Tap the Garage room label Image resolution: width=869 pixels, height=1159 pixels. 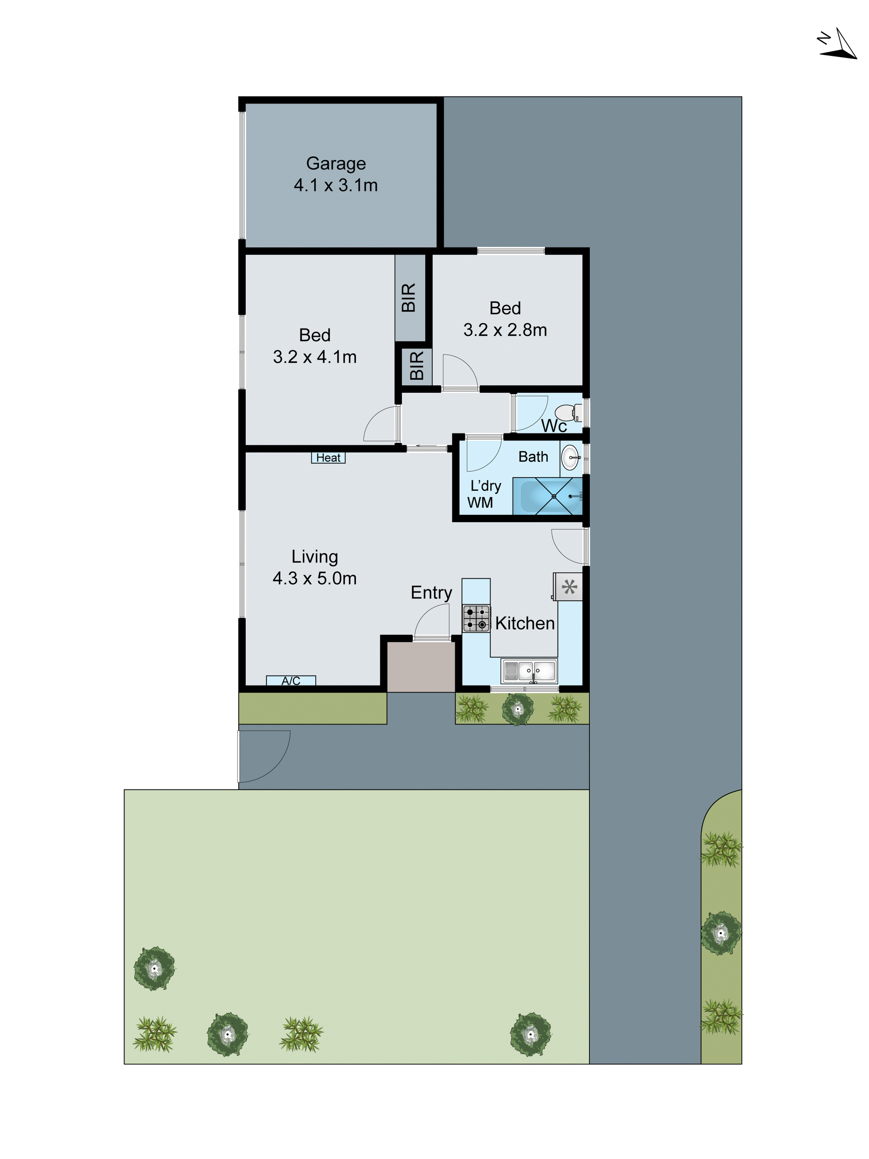pos(336,163)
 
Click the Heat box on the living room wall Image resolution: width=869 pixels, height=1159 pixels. pos(328,457)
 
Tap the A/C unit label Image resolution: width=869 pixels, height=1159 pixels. pos(291,681)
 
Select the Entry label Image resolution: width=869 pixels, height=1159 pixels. pos(431,593)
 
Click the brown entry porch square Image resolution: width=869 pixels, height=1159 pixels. pos(421,667)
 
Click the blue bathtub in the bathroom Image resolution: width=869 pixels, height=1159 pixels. pos(547,496)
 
